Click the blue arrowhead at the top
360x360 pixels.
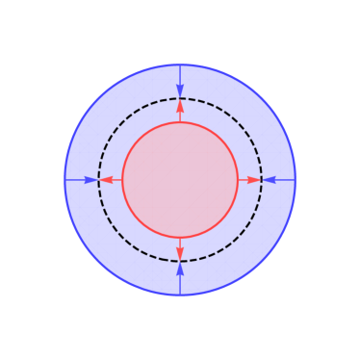180,91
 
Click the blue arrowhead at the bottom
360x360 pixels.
180,269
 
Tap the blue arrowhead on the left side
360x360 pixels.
91,180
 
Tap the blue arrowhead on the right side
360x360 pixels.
269,180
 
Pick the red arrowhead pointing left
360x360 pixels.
106,180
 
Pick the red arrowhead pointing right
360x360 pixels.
254,180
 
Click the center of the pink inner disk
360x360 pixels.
180,180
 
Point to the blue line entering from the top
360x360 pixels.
180,75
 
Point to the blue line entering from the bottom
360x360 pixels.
180,285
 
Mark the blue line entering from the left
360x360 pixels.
75,180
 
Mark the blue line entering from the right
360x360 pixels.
285,180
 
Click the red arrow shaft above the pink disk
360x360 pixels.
180,117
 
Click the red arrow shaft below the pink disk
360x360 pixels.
180,243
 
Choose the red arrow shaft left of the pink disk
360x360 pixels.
117,180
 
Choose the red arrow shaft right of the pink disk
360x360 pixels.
243,180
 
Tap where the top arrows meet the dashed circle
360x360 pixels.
180,99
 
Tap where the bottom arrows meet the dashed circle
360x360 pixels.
180,261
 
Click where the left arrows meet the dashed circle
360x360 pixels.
99,180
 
